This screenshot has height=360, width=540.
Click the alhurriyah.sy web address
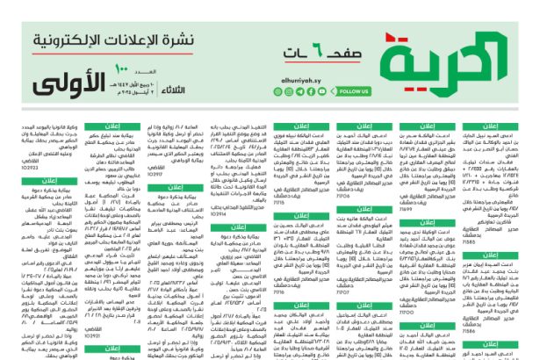303,76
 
